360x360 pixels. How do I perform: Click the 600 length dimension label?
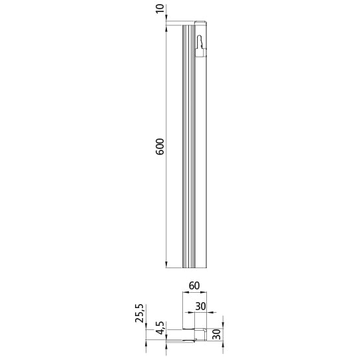pyautogui.click(x=160, y=146)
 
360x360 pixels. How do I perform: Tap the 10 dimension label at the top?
pyautogui.click(x=160, y=8)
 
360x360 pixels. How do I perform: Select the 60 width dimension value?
pyautogui.click(x=194, y=285)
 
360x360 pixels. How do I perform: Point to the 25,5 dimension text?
pyautogui.click(x=139, y=313)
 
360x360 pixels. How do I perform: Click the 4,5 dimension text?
pyautogui.click(x=160, y=327)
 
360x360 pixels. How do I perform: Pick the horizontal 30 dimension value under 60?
pyautogui.click(x=200, y=306)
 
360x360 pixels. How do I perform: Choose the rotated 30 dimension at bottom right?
pyautogui.click(x=217, y=334)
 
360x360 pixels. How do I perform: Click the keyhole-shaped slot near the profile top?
pyautogui.click(x=200, y=42)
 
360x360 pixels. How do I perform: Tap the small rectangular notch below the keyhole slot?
pyautogui.click(x=200, y=53)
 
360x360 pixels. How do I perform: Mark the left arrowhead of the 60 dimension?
pyautogui.click(x=185, y=292)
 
